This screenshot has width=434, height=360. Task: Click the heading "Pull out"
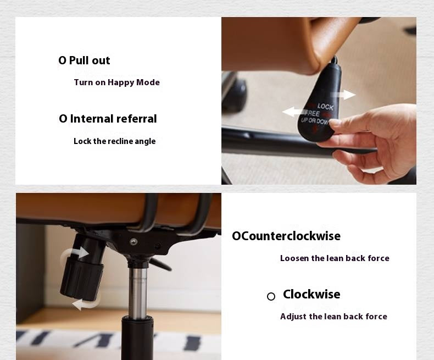pyautogui.click(x=90, y=60)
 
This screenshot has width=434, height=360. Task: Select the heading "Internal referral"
pyautogui.click(x=113, y=119)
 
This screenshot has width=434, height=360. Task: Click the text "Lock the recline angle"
pyautogui.click(x=115, y=141)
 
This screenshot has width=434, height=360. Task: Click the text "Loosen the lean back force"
pyautogui.click(x=335, y=258)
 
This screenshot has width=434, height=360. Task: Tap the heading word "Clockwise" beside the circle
pyautogui.click(x=311, y=294)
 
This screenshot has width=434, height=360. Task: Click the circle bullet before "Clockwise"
pyautogui.click(x=271, y=297)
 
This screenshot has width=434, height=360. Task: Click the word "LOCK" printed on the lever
pyautogui.click(x=325, y=106)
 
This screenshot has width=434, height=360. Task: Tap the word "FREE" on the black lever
pyautogui.click(x=312, y=113)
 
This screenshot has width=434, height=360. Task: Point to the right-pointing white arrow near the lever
pyautogui.click(x=343, y=95)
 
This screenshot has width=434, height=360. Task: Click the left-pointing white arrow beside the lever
pyautogui.click(x=294, y=112)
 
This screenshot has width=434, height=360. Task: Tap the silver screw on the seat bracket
pyautogui.click(x=133, y=241)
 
